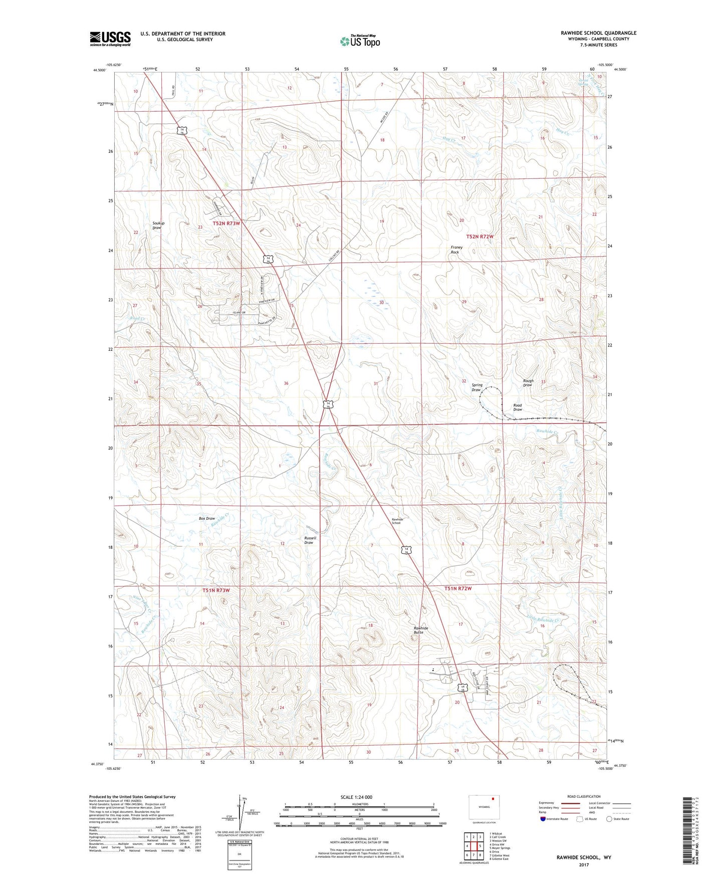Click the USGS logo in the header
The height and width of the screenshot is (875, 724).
coord(110,39)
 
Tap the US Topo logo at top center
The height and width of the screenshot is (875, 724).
coord(360,41)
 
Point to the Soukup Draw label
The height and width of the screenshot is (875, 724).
coord(157,226)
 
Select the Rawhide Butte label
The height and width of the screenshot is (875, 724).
coord(420,630)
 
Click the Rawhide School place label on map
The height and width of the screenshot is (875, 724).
coord(397,521)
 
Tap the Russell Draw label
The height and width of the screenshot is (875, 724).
coord(310,540)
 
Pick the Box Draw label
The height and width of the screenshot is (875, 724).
coord(206,519)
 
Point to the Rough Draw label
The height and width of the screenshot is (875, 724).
coord(528,383)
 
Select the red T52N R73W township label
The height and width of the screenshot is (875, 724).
coord(226,224)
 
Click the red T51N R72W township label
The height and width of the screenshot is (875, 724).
coord(458,588)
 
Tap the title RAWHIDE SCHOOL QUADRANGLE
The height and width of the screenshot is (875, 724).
coord(598,33)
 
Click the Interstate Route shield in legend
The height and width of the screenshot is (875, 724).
coord(544,819)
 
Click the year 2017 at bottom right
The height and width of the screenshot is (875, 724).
coord(584,864)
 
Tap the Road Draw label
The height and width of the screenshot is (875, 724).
coord(518,407)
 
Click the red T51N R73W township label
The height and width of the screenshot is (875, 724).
coord(216,590)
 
